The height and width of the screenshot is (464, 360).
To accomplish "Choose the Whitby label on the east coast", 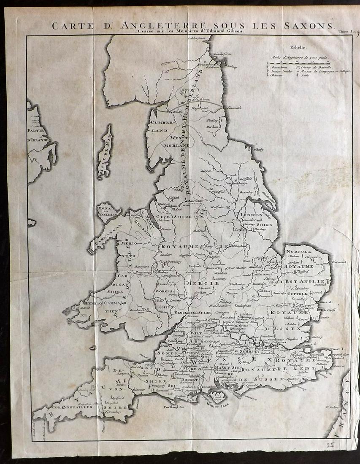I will (x=257, y=149).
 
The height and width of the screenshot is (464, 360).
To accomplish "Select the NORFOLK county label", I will (x=298, y=249).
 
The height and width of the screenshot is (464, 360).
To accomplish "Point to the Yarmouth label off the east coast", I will (x=338, y=262).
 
